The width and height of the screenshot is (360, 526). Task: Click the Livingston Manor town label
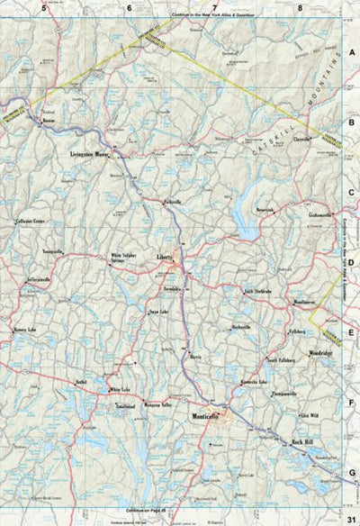tap(95, 155)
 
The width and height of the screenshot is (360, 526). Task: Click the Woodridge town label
tap(320, 353)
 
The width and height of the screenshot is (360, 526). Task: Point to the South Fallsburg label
tap(282, 360)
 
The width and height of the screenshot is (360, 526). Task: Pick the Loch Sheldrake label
tap(258, 293)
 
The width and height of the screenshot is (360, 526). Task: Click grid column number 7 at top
tap(215, 7)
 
